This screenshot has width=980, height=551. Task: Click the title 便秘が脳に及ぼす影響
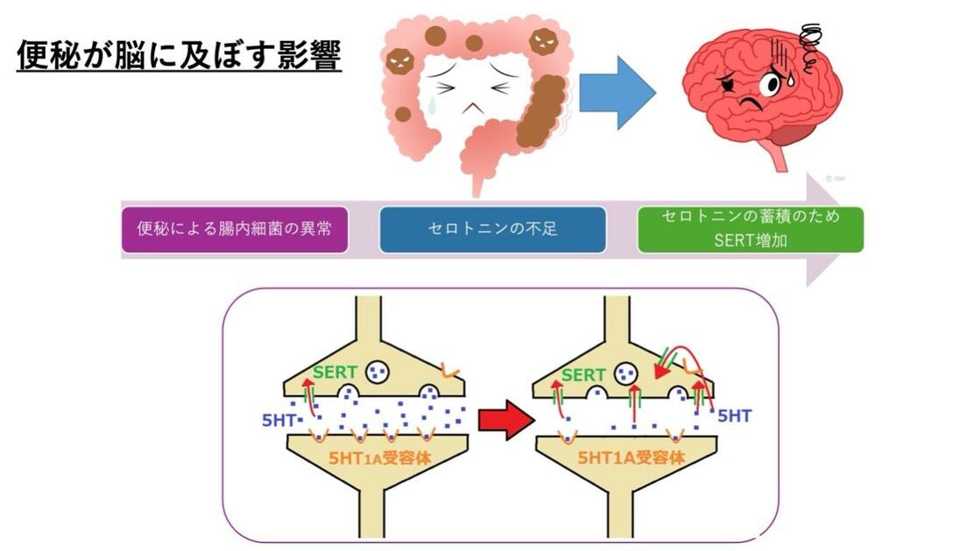point(179,56)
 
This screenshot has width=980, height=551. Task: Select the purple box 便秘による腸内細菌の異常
point(234,229)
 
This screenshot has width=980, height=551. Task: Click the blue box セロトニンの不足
point(492,229)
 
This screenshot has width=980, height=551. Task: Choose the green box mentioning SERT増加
point(750,228)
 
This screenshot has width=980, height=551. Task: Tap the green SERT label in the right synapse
point(583,375)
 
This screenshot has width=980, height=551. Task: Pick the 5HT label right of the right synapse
point(734,416)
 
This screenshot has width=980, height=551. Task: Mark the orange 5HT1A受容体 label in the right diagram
point(629,457)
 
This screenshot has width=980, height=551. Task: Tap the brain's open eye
point(769,84)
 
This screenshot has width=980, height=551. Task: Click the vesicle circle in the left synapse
point(379,373)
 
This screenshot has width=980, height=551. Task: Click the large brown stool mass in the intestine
point(540,109)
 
